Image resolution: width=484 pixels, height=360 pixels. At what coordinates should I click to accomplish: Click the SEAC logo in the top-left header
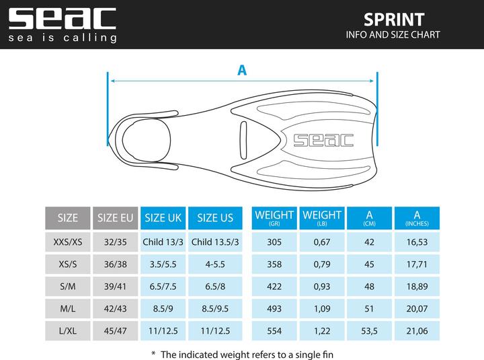coord(62,18)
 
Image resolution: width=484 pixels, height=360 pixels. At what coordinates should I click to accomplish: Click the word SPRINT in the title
coord(393,18)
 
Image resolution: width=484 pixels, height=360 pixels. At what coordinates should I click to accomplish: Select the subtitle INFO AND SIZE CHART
coord(393,34)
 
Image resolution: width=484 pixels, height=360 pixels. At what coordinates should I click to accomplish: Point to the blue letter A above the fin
coord(242,69)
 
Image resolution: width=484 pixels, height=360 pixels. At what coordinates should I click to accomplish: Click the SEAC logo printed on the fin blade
coord(323,139)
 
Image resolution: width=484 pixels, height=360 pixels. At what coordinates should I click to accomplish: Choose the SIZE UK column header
coord(163,217)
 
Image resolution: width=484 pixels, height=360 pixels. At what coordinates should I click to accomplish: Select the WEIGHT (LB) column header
coord(322,217)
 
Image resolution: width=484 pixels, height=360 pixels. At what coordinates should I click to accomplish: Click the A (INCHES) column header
coord(417,217)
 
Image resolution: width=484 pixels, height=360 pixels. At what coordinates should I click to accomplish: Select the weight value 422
coord(274,287)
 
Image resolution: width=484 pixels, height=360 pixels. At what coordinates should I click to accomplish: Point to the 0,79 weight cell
coord(322,264)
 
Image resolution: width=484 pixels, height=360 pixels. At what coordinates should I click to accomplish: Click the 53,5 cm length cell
coord(369,331)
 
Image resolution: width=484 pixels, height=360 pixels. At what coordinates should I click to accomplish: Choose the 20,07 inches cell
coord(417,309)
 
